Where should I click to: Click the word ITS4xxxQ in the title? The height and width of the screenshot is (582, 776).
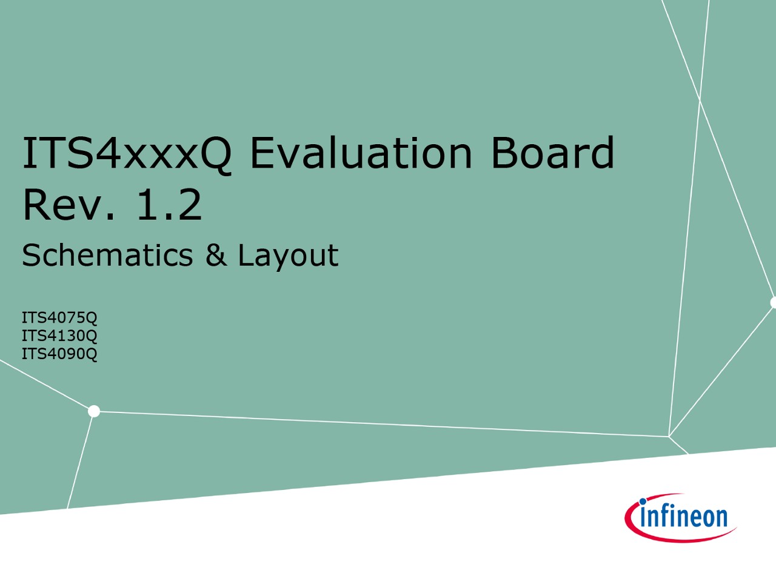pyautogui.click(x=127, y=154)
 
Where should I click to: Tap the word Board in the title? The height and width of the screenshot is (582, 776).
pyautogui.click(x=552, y=152)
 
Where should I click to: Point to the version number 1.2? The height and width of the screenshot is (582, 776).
pyautogui.click(x=170, y=204)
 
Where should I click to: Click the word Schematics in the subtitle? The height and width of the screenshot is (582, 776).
pyautogui.click(x=107, y=254)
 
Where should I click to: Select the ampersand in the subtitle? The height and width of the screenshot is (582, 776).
pyautogui.click(x=216, y=254)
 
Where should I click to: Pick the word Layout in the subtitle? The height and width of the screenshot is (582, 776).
pyautogui.click(x=288, y=256)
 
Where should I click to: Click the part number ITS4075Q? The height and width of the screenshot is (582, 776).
pyautogui.click(x=59, y=318)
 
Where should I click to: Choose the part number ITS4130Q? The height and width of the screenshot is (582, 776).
pyautogui.click(x=59, y=336)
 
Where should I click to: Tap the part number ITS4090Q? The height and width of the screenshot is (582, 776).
pyautogui.click(x=59, y=354)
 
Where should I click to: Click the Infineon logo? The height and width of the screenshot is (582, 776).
pyautogui.click(x=680, y=518)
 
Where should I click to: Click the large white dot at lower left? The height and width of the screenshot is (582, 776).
pyautogui.click(x=94, y=411)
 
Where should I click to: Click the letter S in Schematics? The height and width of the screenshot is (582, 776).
pyautogui.click(x=31, y=254)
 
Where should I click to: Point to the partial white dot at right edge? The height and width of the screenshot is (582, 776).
pyautogui.click(x=773, y=303)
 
